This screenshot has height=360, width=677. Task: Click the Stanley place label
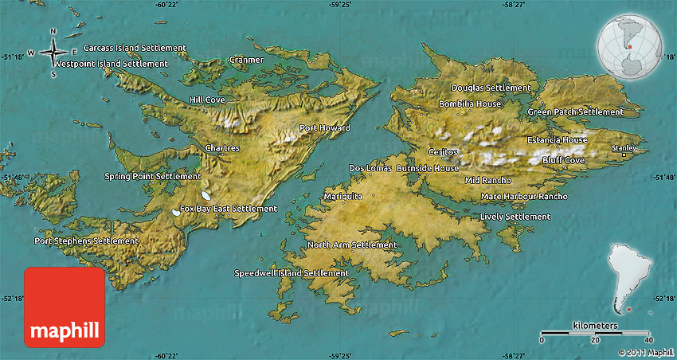coord(623,148)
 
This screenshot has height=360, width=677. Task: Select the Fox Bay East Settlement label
coord(229,209)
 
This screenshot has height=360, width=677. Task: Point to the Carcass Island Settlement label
coord(135,49)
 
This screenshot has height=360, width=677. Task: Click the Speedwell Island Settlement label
coord(292,273)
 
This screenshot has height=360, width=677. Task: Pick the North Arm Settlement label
coord(351,245)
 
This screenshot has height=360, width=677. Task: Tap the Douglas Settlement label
coord(491,88)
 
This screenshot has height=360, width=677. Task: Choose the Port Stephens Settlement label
coord(86,241)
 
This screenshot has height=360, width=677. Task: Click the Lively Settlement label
coord(515,217)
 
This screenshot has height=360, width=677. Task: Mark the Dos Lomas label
coord(370,168)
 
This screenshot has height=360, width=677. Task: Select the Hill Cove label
coord(207,100)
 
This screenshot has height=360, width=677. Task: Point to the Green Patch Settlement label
coord(575,112)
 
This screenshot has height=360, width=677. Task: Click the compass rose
coord(53,53)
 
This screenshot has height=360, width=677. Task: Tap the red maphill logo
coord(65,307)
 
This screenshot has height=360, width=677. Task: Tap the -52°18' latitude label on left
coord(14,297)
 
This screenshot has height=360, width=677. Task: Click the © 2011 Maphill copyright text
coord(645,352)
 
